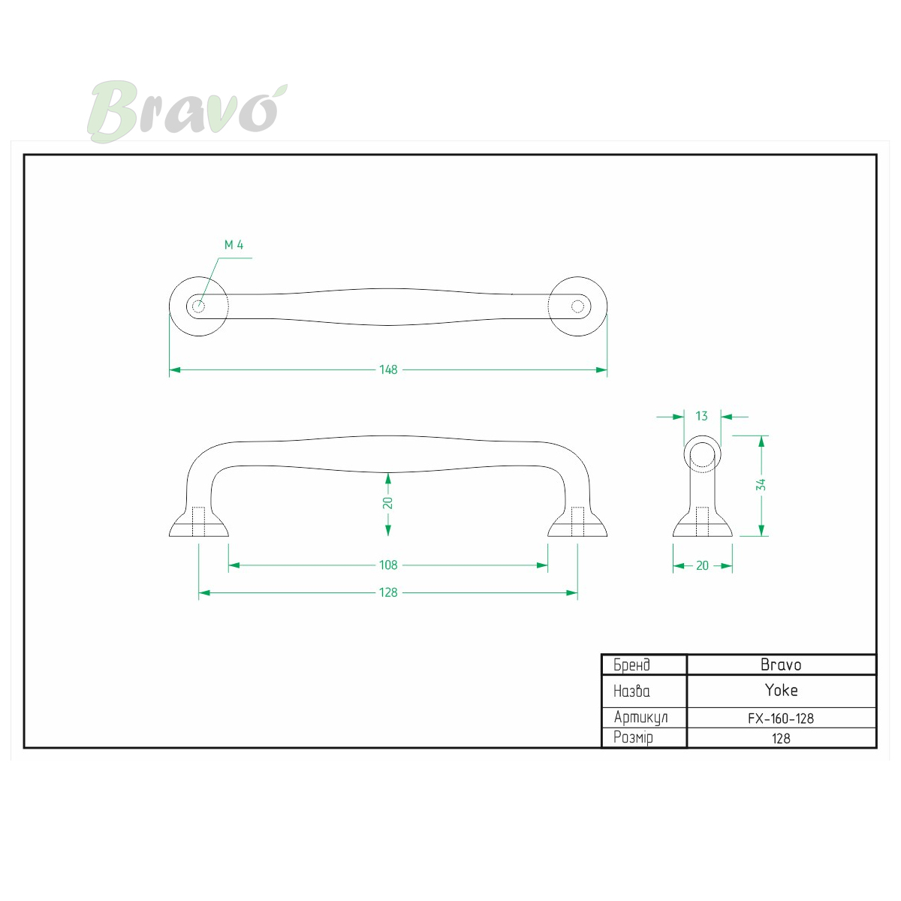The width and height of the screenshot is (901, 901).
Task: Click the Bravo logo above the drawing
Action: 187,111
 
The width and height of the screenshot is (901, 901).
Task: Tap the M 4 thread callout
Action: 234,245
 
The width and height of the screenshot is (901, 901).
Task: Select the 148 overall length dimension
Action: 388,370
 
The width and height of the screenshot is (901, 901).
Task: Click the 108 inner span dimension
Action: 388,565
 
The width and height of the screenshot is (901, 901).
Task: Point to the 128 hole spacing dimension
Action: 388,593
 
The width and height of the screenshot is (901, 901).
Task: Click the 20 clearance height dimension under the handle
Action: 387,503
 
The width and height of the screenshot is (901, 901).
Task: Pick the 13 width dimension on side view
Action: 701,416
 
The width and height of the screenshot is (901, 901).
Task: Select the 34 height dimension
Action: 761,484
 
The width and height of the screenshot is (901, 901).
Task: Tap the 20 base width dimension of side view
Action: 702,566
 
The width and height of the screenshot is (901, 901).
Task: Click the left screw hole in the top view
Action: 199,307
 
